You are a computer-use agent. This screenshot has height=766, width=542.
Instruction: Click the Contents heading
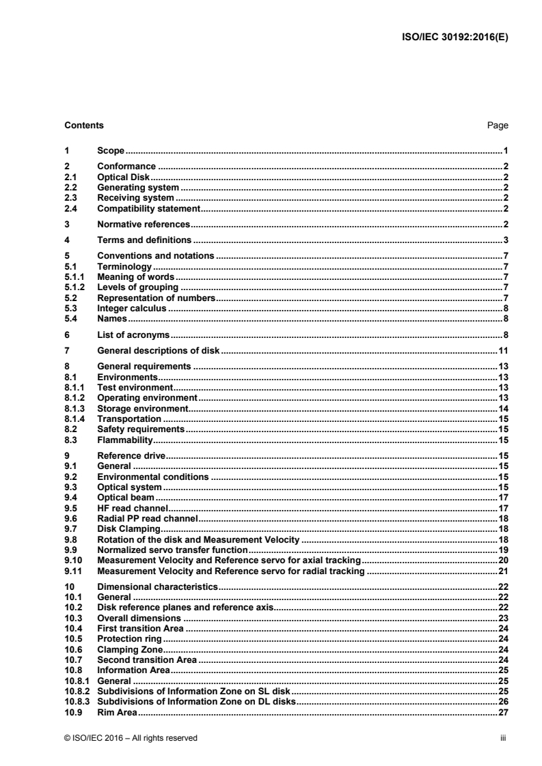tap(84, 126)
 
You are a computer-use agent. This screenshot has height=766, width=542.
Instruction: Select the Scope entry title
tap(110, 150)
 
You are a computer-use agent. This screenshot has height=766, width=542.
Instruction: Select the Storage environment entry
tap(142, 408)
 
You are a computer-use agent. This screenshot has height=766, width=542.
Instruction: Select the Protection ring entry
tap(130, 638)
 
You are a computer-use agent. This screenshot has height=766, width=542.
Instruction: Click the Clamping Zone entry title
tap(130, 649)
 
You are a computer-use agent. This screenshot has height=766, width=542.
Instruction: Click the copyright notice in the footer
tap(131, 737)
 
